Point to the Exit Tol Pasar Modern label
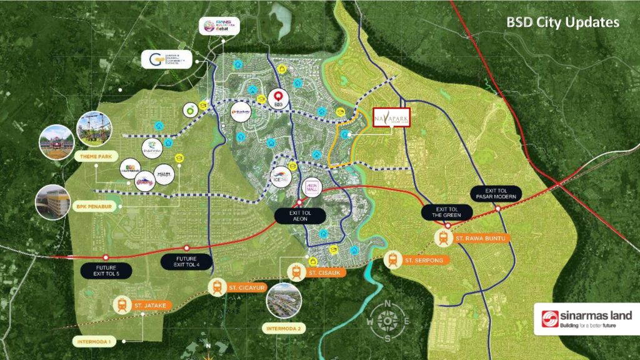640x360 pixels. (x=498, y=193)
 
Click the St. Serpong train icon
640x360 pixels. (x=393, y=259)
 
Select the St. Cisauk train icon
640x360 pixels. (x=297, y=272)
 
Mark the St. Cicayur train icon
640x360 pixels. (x=217, y=287)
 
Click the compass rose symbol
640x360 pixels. (x=388, y=320)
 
